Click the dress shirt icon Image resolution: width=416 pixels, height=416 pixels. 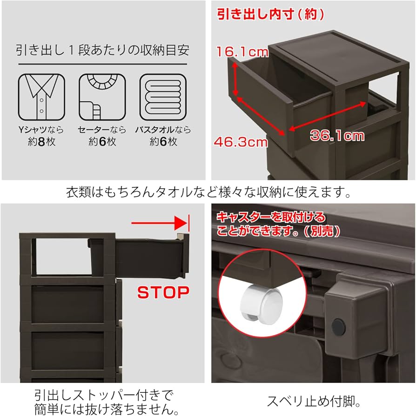click(41, 97)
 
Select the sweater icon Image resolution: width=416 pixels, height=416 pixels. click(102, 97)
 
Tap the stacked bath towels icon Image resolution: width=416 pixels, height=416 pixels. click(163, 97)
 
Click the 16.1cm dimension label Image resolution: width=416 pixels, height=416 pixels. click(242, 52)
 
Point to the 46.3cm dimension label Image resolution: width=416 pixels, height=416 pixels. click(241, 142)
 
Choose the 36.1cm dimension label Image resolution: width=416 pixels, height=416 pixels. click(337, 135)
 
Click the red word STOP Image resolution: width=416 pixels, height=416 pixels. click(163, 292)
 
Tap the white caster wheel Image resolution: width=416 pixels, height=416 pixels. click(262, 304)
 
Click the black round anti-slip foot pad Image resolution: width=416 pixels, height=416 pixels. click(338, 327)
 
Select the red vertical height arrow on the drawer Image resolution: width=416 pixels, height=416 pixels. click(235, 79)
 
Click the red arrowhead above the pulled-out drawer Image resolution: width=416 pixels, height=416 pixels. click(181, 223)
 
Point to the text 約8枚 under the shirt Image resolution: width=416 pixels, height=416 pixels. click(41, 142)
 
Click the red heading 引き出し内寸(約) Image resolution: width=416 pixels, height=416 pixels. click(270, 14)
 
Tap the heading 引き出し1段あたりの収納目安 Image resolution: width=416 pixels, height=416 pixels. click(102, 50)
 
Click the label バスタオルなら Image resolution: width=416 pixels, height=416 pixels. click(163, 130)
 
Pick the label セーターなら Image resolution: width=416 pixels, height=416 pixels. click(102, 130)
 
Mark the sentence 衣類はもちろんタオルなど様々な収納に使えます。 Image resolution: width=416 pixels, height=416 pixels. click(208, 192)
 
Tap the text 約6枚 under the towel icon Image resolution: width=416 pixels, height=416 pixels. click(163, 142)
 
